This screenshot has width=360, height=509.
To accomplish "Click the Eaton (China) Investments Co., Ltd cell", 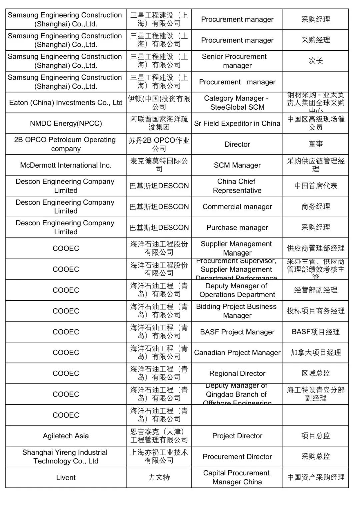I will (66, 103).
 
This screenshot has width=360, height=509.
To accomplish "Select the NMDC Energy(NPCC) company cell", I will (66, 123).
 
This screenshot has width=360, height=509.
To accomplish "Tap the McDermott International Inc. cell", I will (66, 165).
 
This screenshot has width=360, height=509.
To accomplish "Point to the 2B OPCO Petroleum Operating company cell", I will (66, 144).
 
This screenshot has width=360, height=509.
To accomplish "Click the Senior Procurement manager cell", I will (237, 61).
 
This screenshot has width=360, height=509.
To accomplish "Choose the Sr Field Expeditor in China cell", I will (237, 123).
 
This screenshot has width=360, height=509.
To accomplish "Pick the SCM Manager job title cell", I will (237, 165).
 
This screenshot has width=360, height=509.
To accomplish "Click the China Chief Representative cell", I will (237, 186).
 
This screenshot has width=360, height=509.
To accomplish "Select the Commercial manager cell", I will (237, 207).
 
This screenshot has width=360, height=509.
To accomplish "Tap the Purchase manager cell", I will (237, 227).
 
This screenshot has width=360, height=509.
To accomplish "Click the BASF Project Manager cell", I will (237, 332).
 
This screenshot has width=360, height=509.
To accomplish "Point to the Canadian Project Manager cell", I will (237, 353).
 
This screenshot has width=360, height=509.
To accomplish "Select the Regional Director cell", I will (237, 373).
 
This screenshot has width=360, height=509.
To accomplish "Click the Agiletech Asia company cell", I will (66, 436).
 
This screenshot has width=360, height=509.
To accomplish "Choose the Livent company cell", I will (66, 477).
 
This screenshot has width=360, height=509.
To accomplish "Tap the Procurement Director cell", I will (237, 457).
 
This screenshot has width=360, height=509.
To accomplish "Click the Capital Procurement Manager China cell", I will (237, 477).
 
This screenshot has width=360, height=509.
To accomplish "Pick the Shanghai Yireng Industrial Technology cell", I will (66, 457).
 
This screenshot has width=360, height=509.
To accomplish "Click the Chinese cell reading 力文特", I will (159, 477).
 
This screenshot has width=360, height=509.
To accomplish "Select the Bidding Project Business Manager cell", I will (237, 311).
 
